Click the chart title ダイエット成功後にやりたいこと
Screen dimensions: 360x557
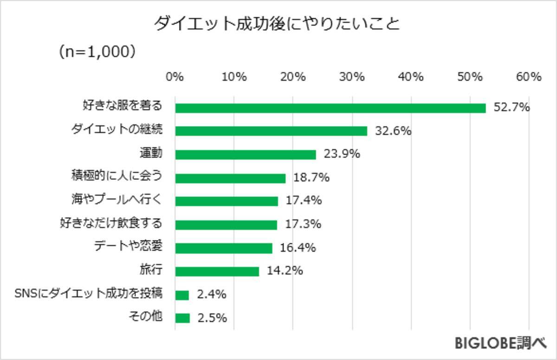[x=277, y=23]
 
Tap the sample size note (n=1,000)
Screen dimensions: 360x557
[x=97, y=52]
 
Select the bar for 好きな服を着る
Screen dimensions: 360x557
[x=330, y=108]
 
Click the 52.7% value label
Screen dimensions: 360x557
[x=512, y=108]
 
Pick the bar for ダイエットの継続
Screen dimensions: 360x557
[x=271, y=131]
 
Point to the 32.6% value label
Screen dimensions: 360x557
[x=393, y=131]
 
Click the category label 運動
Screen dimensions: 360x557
[x=151, y=153]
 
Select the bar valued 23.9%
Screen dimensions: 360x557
[x=246, y=155]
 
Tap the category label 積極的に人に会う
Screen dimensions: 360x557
[x=116, y=177]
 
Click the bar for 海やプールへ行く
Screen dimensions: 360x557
[x=227, y=201]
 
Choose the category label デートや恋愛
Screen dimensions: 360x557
[x=128, y=246]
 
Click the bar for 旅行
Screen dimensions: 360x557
[x=217, y=271]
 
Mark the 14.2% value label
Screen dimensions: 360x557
[x=285, y=270]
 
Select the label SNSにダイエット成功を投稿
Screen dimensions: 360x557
[x=88, y=293]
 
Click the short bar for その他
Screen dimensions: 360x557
[x=182, y=318]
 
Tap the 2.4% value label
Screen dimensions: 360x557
[x=211, y=295]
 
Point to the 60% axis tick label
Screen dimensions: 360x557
[x=529, y=77]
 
